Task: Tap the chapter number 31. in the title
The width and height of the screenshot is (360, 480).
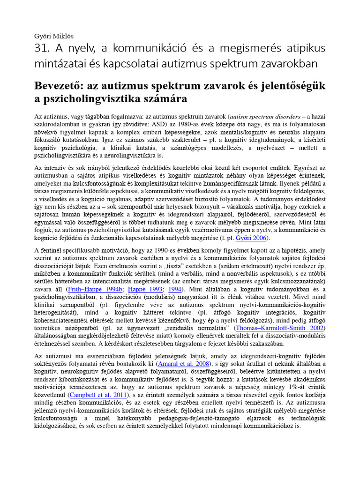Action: tap(43, 49)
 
